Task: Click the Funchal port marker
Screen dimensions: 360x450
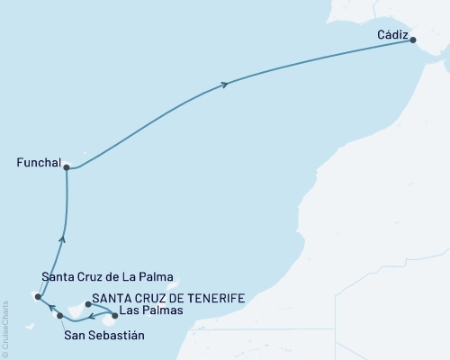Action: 67,166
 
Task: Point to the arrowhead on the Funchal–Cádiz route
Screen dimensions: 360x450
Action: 224,85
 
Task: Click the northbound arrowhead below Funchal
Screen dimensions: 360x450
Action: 62,238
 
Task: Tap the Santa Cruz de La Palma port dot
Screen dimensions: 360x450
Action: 38,296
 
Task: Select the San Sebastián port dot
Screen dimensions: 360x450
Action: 60,316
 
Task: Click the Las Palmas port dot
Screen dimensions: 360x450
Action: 114,316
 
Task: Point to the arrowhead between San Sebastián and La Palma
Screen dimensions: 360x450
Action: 50,309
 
